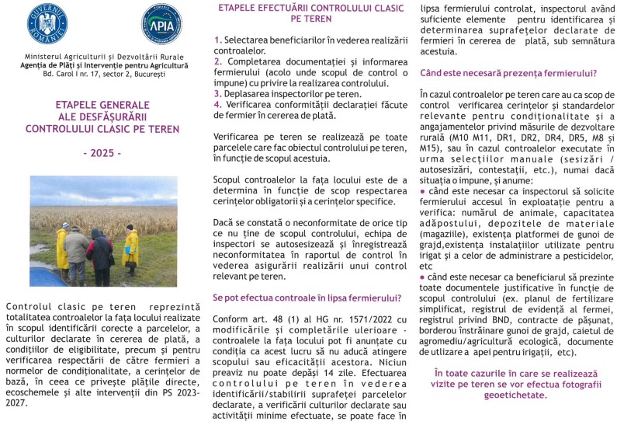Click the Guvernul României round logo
tap(47, 23)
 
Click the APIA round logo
tap(161, 24)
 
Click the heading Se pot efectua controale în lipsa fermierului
tap(307, 298)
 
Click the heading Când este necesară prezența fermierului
tap(508, 74)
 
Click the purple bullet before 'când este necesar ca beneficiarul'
tap(423, 277)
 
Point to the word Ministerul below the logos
tap(43, 57)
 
